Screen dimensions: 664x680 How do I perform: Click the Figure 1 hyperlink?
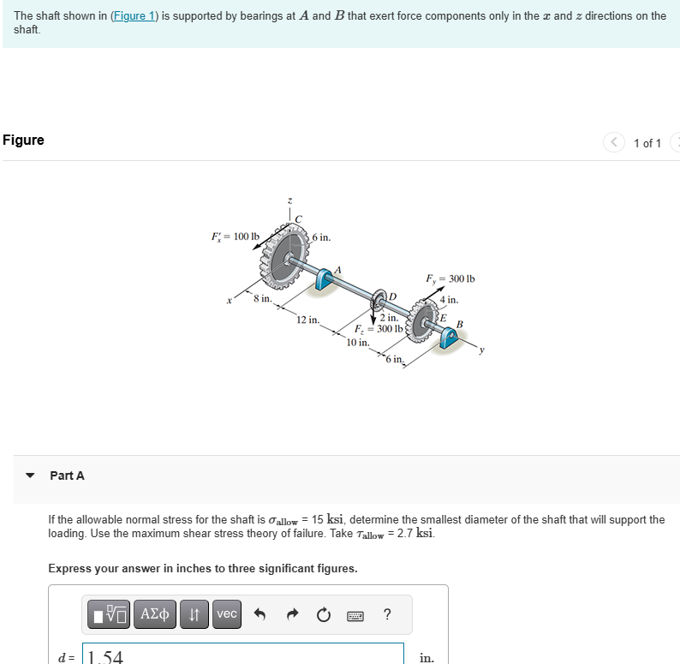click(x=134, y=16)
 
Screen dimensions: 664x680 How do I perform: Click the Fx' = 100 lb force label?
click(x=236, y=236)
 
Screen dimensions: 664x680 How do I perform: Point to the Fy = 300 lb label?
click(x=450, y=278)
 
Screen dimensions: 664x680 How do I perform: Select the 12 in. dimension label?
click(x=307, y=320)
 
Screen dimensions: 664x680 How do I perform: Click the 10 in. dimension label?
click(x=358, y=343)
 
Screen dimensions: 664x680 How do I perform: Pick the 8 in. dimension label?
click(x=262, y=298)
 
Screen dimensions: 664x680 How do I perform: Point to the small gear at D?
click(x=379, y=301)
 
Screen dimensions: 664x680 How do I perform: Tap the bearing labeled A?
click(x=326, y=278)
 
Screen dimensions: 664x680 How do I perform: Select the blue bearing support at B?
click(x=448, y=338)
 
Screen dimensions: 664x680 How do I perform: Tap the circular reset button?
click(x=322, y=614)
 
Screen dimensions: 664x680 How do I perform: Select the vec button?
click(x=227, y=614)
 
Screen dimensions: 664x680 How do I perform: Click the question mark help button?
click(x=387, y=614)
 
